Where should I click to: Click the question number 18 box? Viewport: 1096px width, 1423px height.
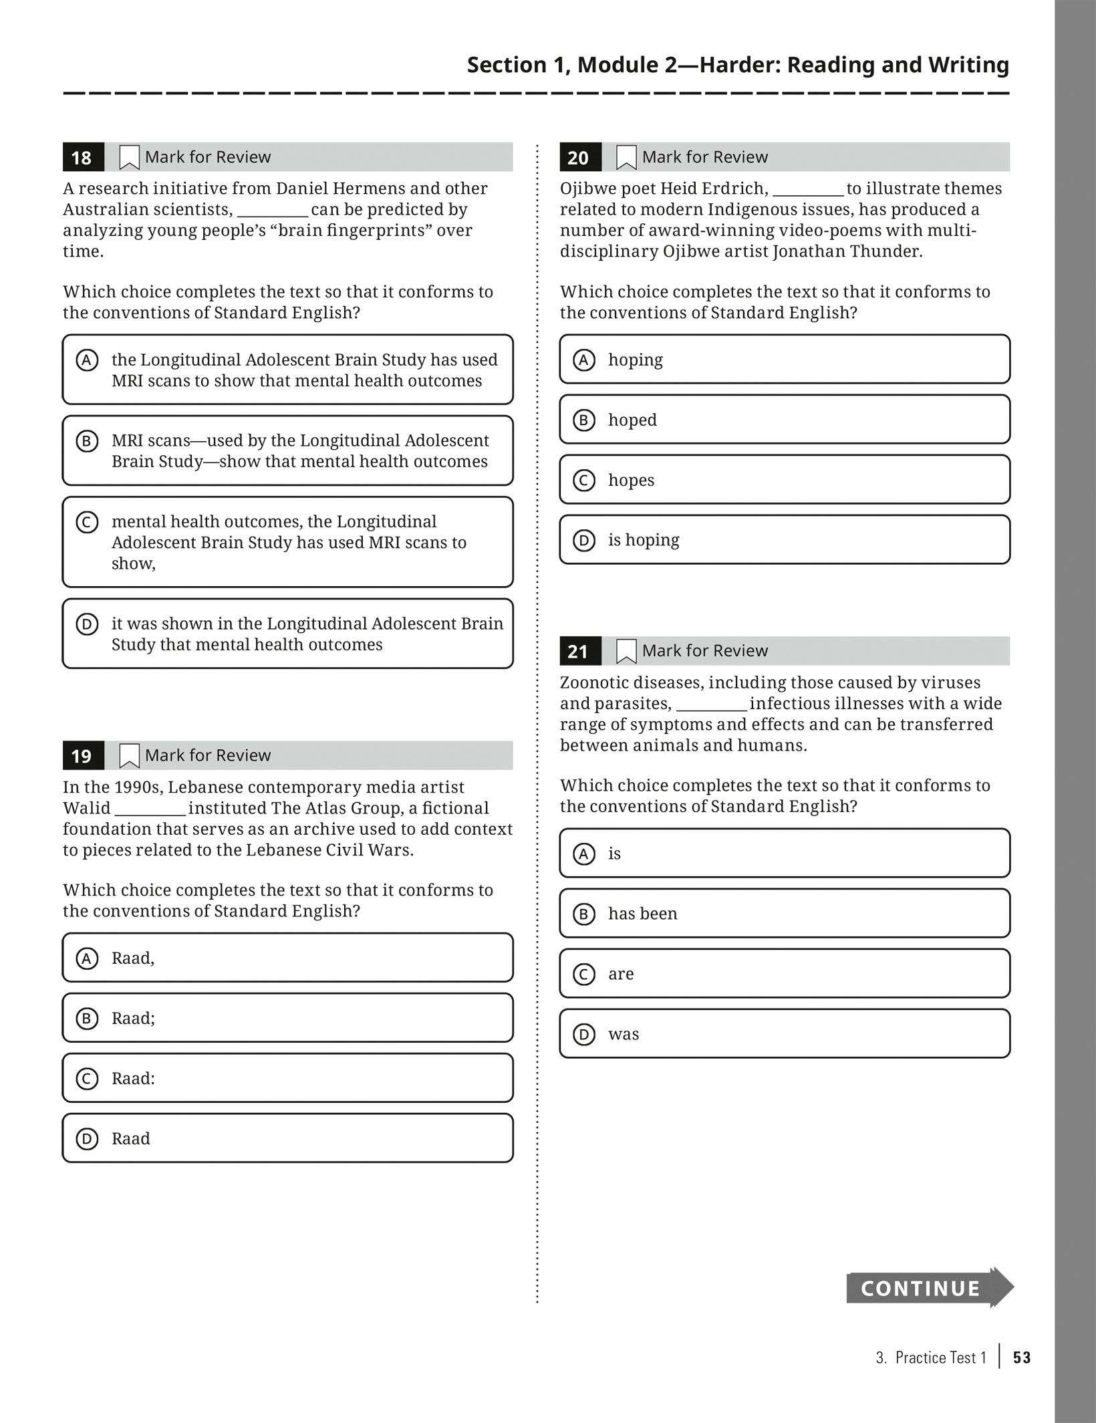[83, 158]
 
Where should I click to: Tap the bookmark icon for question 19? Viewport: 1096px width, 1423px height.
[129, 756]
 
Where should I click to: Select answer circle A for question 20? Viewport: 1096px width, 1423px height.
[583, 360]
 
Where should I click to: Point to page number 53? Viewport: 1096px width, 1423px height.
[1022, 1357]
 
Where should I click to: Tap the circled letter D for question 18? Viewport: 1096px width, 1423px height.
[87, 624]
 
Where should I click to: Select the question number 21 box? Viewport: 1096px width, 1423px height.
[579, 652]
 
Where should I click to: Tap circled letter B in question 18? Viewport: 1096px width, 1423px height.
[87, 441]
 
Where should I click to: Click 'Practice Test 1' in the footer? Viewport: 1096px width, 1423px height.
[940, 1357]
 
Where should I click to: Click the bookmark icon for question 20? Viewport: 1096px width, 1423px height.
[626, 158]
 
